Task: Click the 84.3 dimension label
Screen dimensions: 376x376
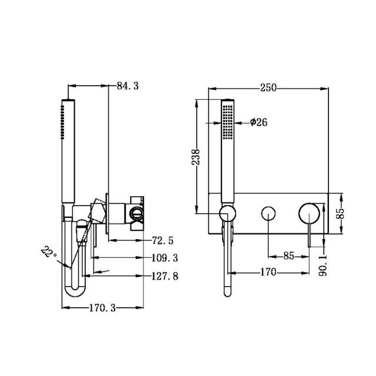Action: [x=127, y=86]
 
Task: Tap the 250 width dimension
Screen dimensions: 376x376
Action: [x=268, y=88]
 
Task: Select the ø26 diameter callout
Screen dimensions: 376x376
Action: [x=258, y=122]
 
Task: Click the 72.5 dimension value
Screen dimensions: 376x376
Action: [x=163, y=240]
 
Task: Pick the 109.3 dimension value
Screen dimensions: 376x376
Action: [x=164, y=257]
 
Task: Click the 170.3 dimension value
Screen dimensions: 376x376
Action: [x=103, y=307]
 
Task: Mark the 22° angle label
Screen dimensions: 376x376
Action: [x=49, y=253]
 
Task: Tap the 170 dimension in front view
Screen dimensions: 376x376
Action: [x=267, y=273]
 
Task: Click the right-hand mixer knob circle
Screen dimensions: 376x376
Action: [x=308, y=212]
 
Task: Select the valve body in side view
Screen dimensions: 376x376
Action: [x=135, y=213]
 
